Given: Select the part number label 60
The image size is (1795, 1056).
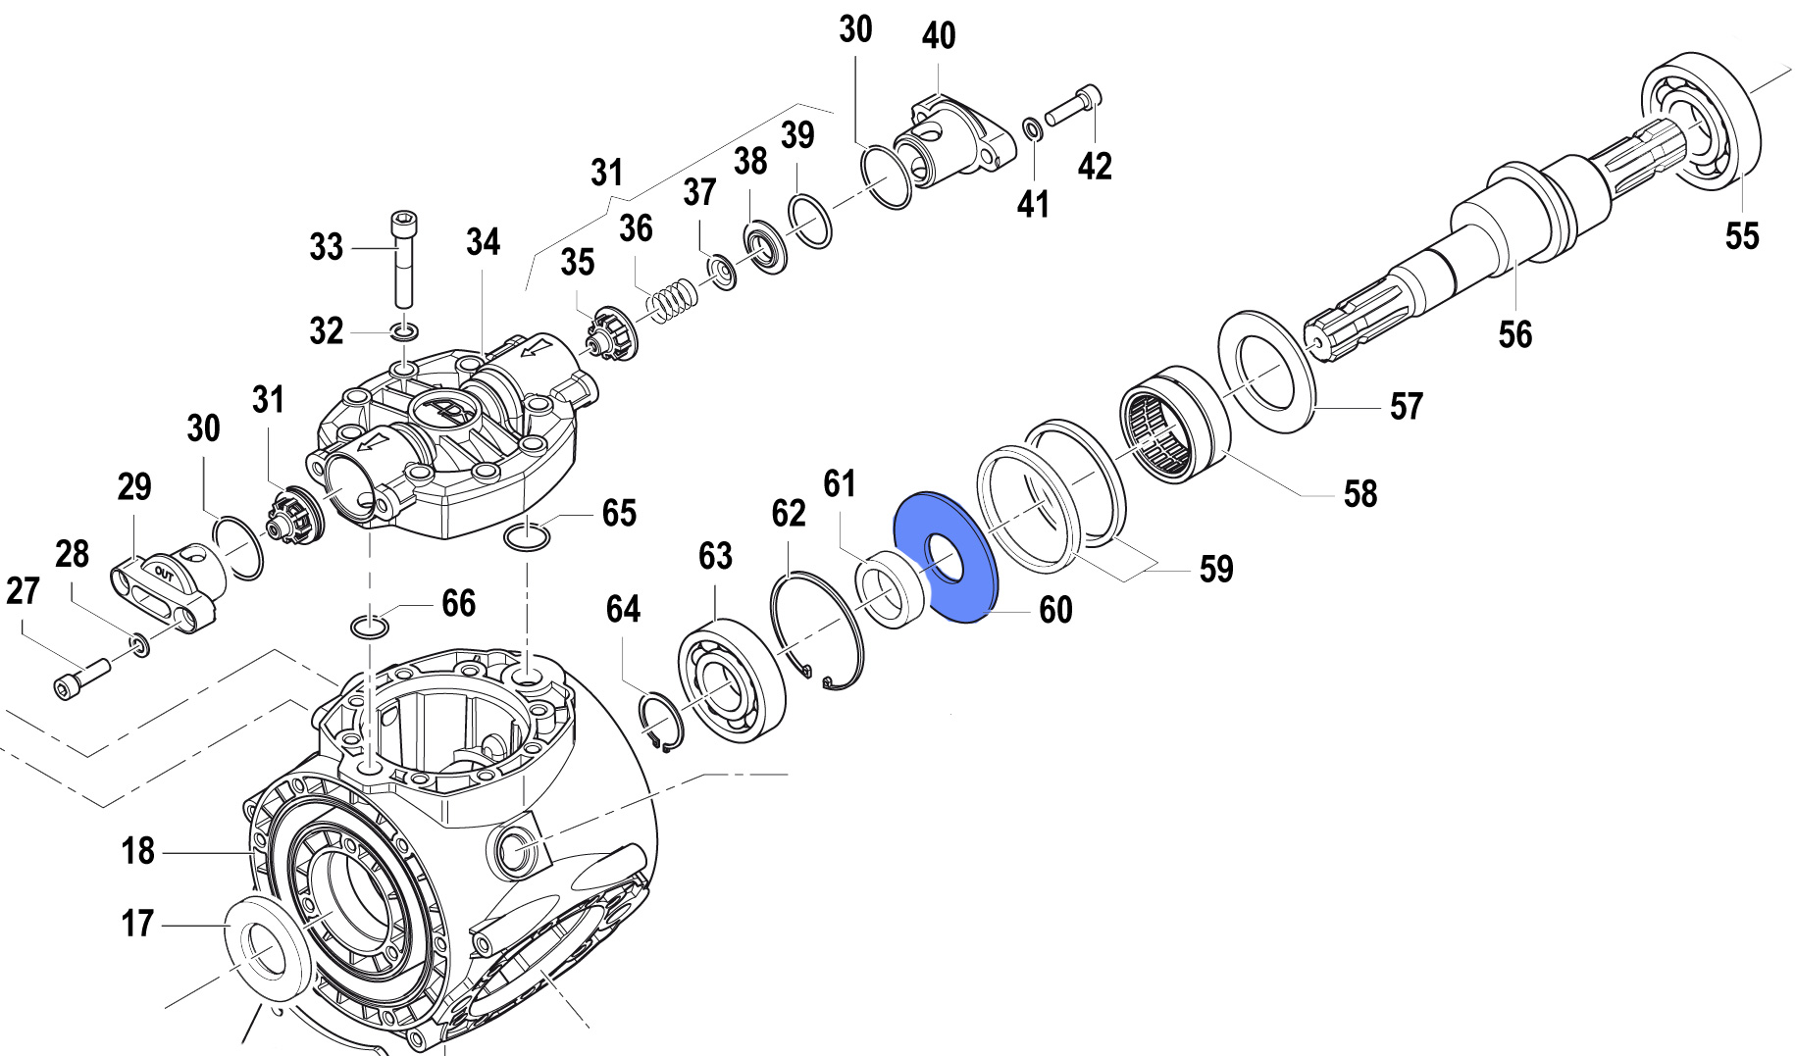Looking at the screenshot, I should [x=1055, y=610].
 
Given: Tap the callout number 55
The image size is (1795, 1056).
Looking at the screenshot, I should [x=1742, y=236].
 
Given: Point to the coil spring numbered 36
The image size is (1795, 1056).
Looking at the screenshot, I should [x=674, y=299].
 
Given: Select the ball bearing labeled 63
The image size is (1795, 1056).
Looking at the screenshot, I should [x=731, y=679].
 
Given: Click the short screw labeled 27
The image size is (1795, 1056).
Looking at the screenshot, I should [x=78, y=678].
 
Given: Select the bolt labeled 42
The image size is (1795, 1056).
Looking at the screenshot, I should [x=1074, y=106].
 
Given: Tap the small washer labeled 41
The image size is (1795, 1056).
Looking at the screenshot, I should [x=1032, y=128].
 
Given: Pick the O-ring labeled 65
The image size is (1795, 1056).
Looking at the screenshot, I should [x=527, y=536].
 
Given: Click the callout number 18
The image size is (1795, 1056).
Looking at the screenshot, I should [x=138, y=850].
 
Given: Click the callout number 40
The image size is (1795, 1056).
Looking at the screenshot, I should [x=939, y=36].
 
